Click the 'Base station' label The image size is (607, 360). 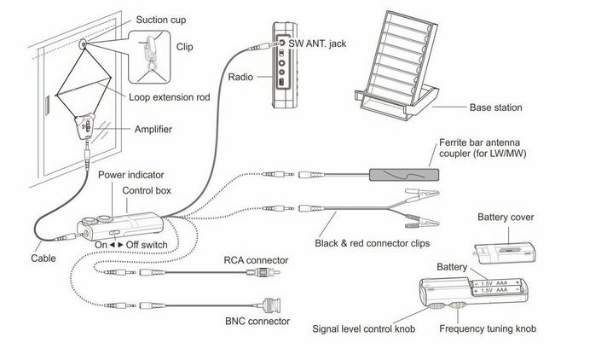coord(495,108)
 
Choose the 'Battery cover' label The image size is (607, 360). coord(506,218)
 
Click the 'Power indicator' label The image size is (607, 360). coord(130,175)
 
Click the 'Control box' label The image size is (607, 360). coord(147,189)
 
